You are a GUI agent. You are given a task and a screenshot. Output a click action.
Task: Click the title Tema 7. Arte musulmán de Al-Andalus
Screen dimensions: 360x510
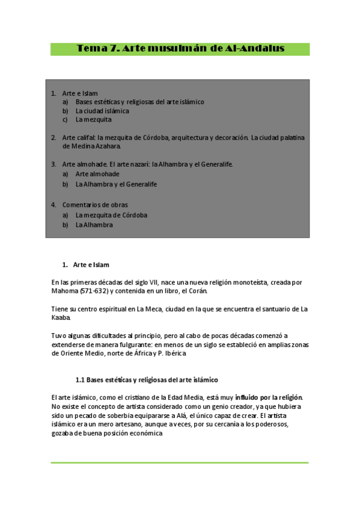click(x=180, y=49)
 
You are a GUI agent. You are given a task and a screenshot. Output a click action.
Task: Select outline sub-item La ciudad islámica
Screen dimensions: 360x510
click(x=102, y=111)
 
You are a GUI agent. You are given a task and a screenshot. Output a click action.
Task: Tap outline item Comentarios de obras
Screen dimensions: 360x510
click(x=95, y=204)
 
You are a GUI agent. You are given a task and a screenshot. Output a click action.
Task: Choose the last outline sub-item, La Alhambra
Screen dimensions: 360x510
click(x=94, y=225)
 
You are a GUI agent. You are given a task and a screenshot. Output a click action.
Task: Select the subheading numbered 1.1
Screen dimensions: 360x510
click(x=146, y=380)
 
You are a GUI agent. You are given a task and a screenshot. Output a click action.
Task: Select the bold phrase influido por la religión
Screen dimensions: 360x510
click(x=269, y=397)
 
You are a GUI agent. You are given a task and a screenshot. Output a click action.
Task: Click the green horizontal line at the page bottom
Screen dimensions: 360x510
click(x=179, y=462)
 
